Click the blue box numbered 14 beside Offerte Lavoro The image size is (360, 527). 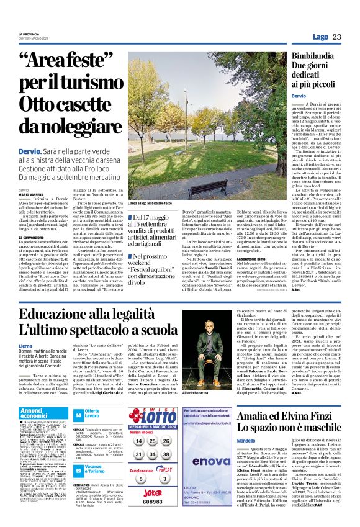[78, 415]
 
